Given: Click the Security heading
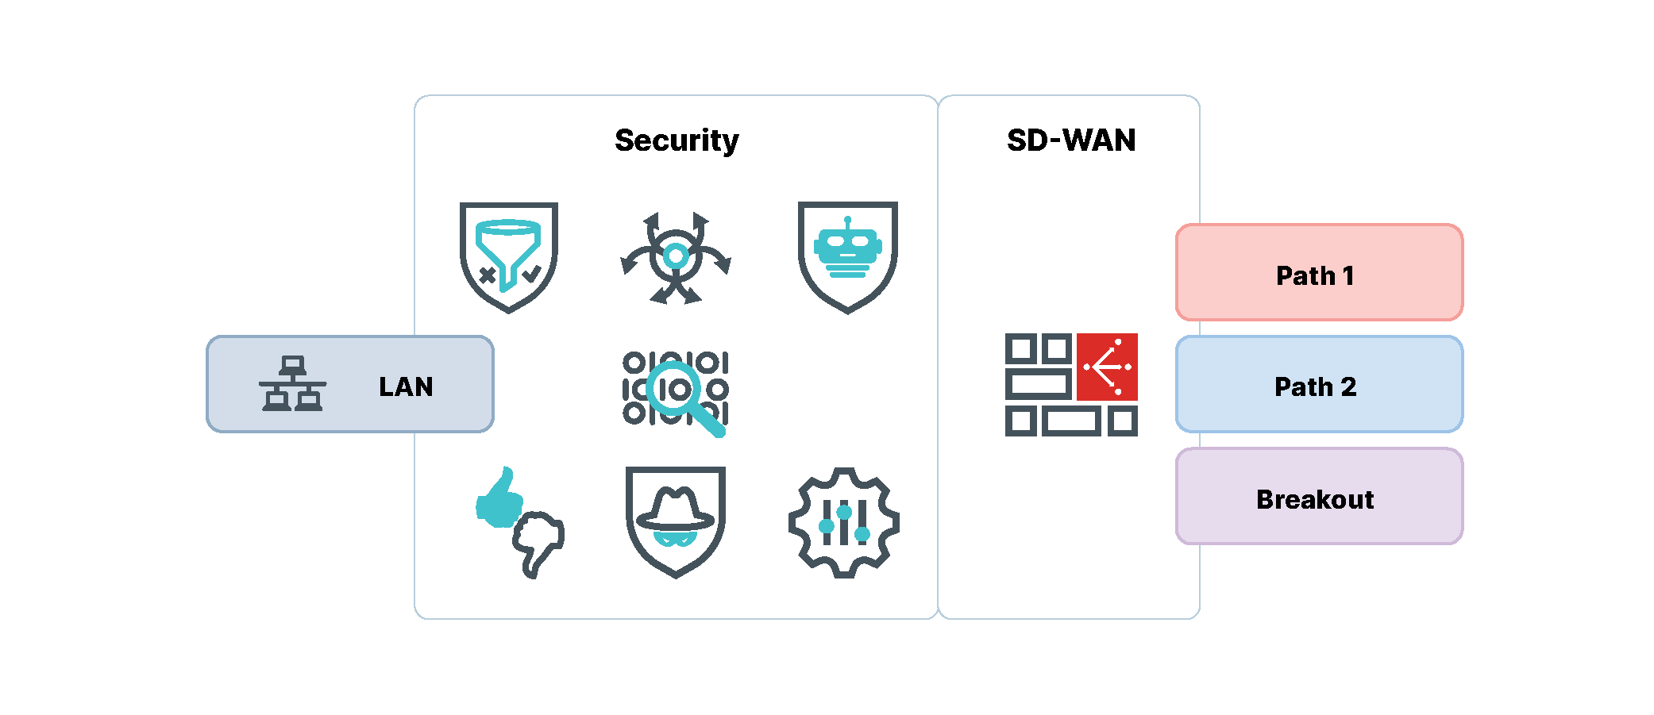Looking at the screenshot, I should point(677,140).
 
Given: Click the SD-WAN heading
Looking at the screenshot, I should point(1070,140).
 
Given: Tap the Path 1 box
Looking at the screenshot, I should point(1318,273).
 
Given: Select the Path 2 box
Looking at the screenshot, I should point(1318,385).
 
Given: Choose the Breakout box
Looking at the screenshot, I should point(1318,497).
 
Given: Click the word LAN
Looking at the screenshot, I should point(406,386).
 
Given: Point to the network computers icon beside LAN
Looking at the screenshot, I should point(292,383).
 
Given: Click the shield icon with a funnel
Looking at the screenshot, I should point(509,256).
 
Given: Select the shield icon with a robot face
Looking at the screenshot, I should point(847,256).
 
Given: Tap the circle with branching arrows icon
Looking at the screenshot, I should point(676,257).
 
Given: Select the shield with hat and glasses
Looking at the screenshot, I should point(676,521).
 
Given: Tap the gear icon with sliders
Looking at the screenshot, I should point(843,523).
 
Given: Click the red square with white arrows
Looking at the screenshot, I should point(1107,367).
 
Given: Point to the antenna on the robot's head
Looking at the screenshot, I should point(848,221).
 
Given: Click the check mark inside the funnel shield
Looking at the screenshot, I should point(531,275).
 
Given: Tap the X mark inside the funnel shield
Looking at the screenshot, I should point(488,275).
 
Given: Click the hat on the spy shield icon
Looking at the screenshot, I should point(676,509).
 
